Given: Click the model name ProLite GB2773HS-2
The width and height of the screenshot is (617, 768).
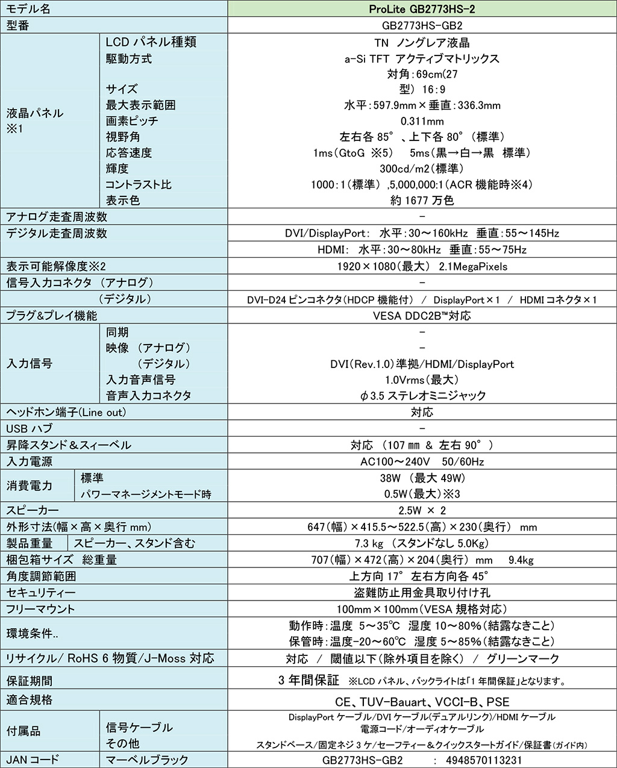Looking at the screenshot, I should click(x=422, y=9).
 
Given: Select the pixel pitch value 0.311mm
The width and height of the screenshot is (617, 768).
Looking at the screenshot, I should click(x=422, y=121).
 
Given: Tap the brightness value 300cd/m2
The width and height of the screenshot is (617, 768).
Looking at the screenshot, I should click(x=422, y=169).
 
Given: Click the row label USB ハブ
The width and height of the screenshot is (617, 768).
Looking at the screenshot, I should click(x=30, y=429).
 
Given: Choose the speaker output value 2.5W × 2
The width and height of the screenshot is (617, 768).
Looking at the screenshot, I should click(x=422, y=510).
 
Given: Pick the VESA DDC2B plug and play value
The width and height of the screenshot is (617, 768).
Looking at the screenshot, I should click(x=422, y=316).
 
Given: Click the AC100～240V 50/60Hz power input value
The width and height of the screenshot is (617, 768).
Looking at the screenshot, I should click(x=422, y=461).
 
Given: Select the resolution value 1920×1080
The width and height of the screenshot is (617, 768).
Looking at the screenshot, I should click(x=422, y=266).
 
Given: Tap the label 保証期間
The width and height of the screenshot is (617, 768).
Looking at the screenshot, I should click(x=30, y=681).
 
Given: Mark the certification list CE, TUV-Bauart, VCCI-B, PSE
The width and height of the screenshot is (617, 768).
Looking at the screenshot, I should click(x=422, y=702).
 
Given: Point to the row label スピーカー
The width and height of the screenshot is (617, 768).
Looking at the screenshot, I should click(x=33, y=510).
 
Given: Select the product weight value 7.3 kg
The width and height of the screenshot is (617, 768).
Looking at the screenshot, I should click(x=422, y=543).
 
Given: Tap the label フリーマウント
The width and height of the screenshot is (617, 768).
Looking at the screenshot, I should click(x=40, y=609).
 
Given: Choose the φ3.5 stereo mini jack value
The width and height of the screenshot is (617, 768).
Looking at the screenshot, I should click(x=422, y=396).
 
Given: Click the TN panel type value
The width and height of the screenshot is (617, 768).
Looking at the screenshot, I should click(x=422, y=43).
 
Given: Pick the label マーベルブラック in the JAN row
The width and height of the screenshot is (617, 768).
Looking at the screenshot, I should click(x=147, y=760).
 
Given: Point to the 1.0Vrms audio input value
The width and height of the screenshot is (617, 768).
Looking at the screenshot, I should click(x=422, y=380).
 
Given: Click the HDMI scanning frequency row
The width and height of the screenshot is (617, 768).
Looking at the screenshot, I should click(x=422, y=250).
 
